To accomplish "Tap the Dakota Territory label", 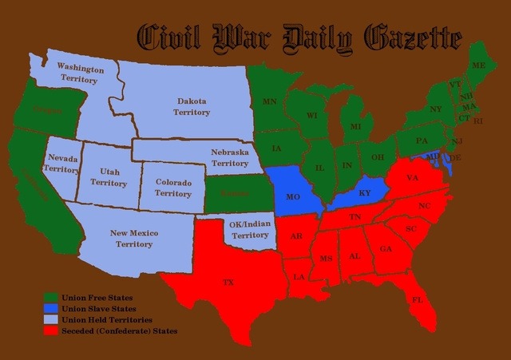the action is click(191, 107).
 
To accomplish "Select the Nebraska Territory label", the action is click(230, 157).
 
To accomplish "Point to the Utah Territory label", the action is click(109, 177).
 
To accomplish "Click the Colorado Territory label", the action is click(172, 188).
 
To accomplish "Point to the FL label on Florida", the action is click(417, 299).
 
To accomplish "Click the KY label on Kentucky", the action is click(365, 193).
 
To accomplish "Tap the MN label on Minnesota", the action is click(270, 101).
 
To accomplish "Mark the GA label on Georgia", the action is click(386, 248).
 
